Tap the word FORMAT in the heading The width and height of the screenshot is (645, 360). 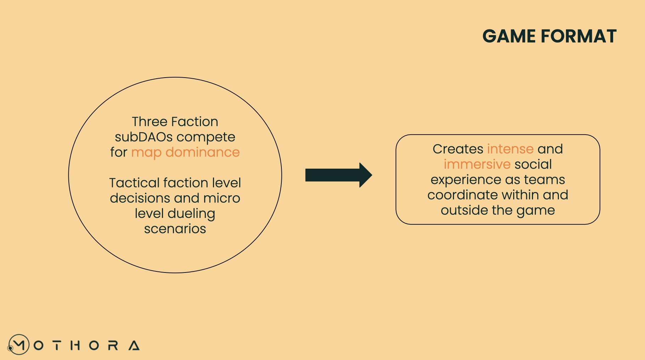(x=579, y=36)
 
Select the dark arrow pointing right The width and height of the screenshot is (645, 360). (x=338, y=175)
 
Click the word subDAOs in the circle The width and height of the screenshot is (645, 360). (x=144, y=137)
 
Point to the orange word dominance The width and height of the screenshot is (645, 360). (x=203, y=152)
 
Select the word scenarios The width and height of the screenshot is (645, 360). (x=175, y=229)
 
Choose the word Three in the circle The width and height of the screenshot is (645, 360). (x=149, y=122)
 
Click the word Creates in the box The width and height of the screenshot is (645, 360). (x=458, y=149)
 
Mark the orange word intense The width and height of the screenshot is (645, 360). (x=510, y=149)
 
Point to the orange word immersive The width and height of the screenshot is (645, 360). (x=477, y=164)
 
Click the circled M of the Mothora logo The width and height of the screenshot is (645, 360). (x=19, y=344)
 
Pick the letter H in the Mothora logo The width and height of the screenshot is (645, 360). (x=75, y=345)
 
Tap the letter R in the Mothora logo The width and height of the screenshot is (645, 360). (x=113, y=345)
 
